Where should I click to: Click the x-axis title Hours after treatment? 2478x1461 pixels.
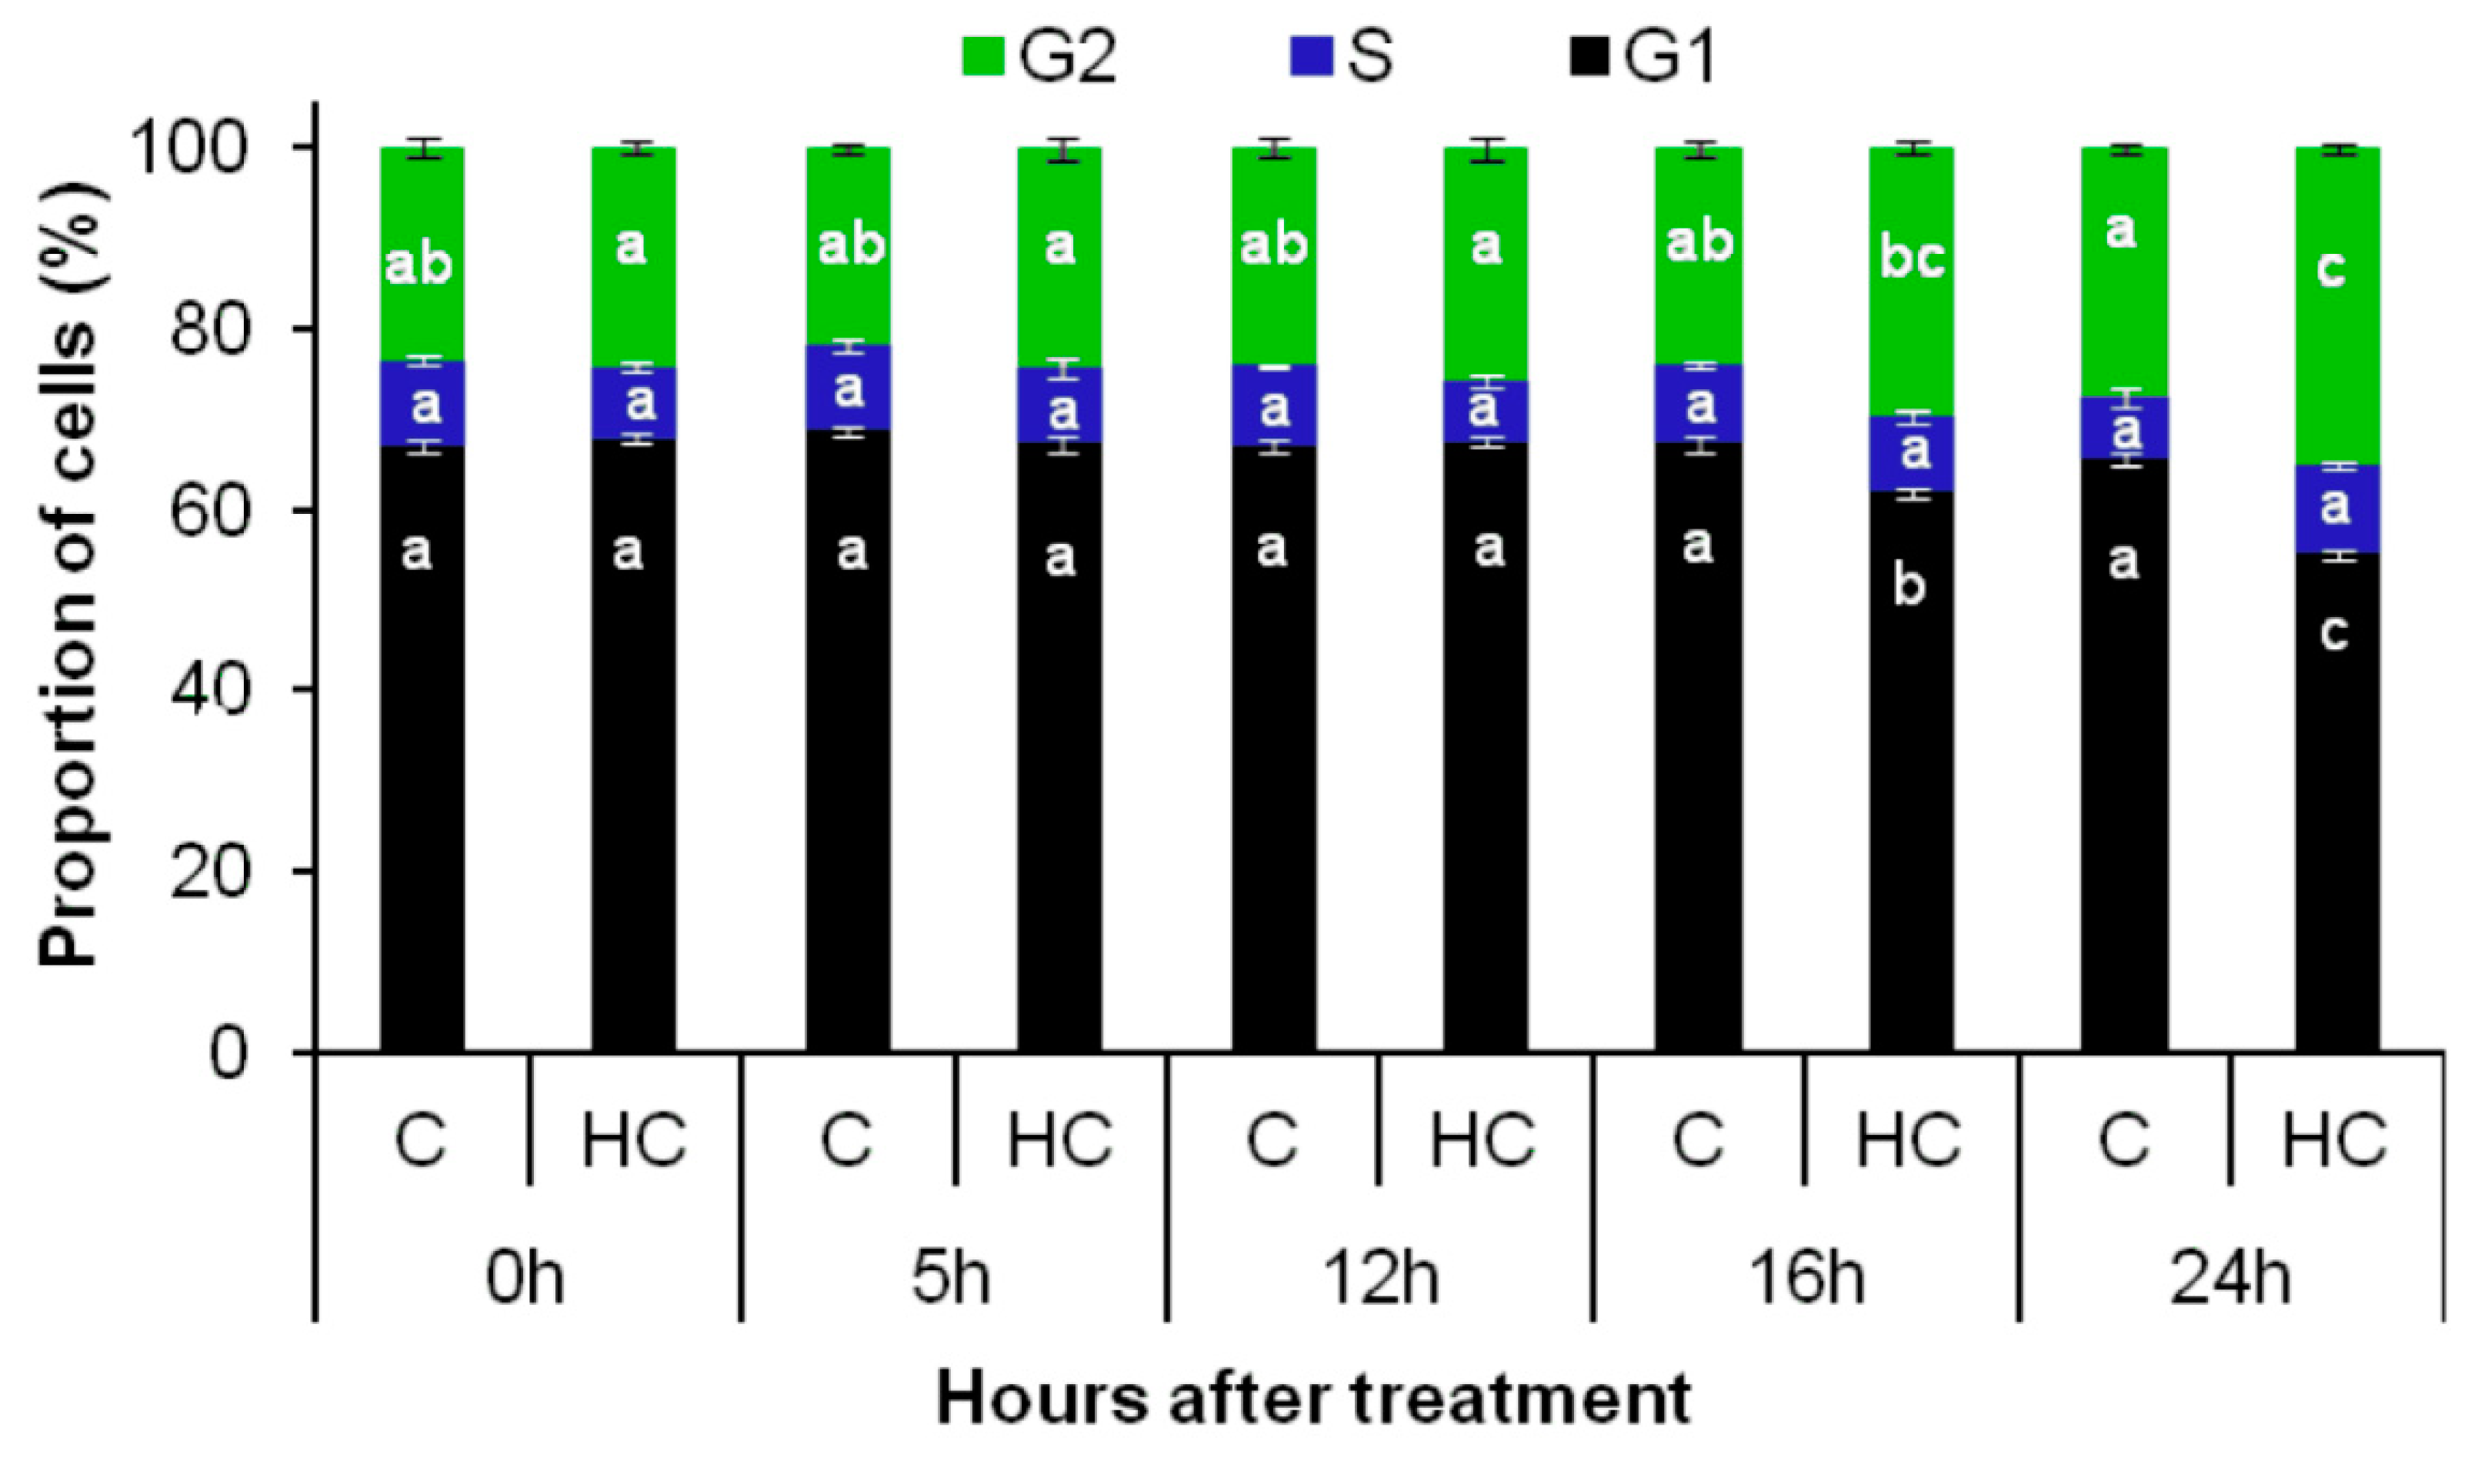[1313, 1398]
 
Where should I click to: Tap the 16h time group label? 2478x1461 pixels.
[1806, 1279]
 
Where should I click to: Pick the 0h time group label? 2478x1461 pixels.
[525, 1279]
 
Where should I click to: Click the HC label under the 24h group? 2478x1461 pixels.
[2335, 1140]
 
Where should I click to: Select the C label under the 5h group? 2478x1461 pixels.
[847, 1140]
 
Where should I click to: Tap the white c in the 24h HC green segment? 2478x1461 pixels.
[2331, 268]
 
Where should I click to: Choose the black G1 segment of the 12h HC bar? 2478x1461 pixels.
[1486, 788]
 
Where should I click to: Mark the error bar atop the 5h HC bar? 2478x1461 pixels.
[1060, 151]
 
